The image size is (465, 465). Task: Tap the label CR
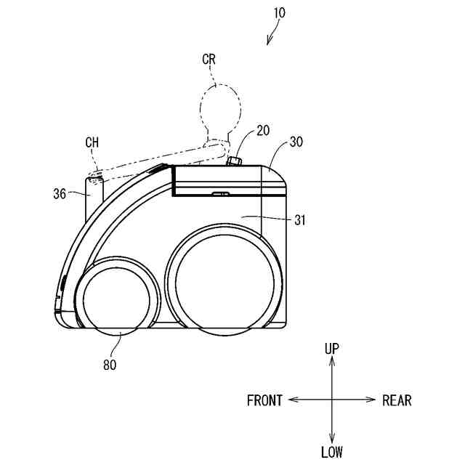[210, 57]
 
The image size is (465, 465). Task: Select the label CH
[92, 142]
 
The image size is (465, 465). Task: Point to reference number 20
[263, 131]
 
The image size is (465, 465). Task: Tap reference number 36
[60, 193]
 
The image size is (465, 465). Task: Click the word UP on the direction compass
[332, 349]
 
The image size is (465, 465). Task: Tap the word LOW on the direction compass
[332, 452]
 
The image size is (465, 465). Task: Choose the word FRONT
[264, 400]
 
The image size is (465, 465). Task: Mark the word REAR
[397, 400]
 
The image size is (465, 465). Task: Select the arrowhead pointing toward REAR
[371, 400]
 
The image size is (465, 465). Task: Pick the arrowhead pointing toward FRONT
[292, 400]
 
